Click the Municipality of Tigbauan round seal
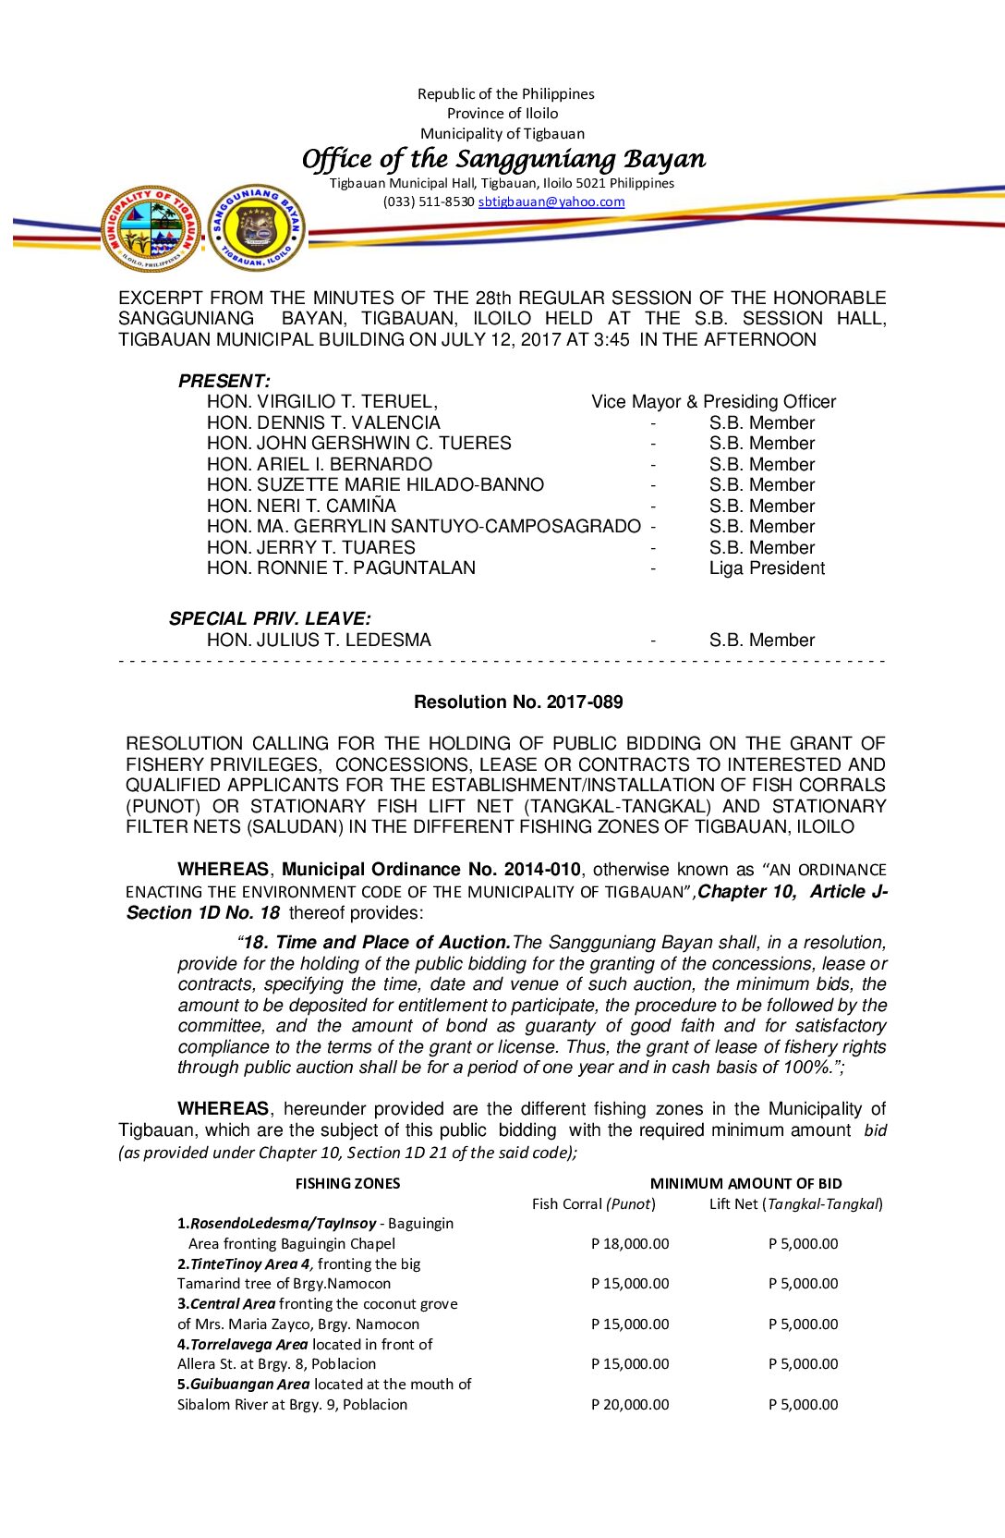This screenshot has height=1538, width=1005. [x=151, y=228]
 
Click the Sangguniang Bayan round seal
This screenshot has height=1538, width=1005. [x=256, y=228]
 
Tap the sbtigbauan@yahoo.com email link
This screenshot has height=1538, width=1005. [x=551, y=201]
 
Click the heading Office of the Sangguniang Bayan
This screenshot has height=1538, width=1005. [x=503, y=159]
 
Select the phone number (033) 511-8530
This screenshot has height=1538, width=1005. [x=429, y=201]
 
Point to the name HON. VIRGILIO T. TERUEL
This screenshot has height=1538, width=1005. [x=321, y=402]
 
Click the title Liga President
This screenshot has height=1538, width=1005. [x=767, y=568]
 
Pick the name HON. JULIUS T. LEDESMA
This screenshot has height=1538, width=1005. [x=319, y=641]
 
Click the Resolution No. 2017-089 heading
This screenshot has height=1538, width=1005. [x=518, y=702]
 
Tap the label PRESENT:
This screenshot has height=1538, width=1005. [x=224, y=381]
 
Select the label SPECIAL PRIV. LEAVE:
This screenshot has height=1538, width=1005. [x=270, y=619]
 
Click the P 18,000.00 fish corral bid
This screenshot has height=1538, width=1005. [x=630, y=1244]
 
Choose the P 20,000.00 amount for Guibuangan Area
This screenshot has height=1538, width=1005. [x=630, y=1405]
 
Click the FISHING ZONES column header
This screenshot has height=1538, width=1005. [x=347, y=1184]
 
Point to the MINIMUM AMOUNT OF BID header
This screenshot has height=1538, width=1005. [x=745, y=1184]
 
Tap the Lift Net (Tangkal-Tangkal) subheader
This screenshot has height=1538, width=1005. [x=795, y=1204]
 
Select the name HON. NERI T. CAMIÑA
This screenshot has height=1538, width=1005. [x=301, y=507]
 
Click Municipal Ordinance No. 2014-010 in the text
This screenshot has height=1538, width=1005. [x=431, y=870]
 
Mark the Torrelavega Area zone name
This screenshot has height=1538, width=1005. [x=248, y=1345]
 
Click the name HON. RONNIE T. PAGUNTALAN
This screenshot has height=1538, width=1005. [x=341, y=568]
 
